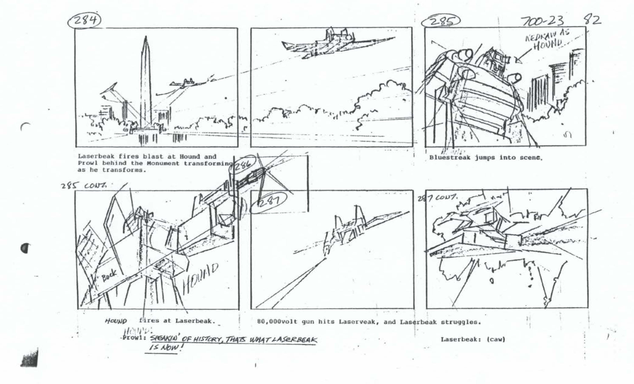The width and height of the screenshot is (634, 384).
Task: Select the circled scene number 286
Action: click(x=243, y=166)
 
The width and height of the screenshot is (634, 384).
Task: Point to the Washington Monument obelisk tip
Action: click(x=146, y=38)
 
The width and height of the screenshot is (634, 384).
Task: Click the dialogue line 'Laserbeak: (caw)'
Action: click(x=473, y=339)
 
